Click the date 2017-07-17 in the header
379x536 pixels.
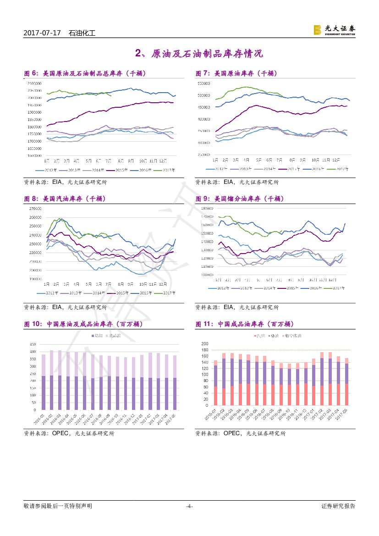coord(42,33)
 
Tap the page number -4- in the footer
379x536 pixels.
coord(189,506)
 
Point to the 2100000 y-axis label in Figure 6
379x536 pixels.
coord(34,83)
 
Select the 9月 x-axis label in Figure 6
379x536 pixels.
coord(131,161)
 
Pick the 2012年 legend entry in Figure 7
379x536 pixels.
coord(217,169)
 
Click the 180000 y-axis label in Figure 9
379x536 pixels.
coord(207,208)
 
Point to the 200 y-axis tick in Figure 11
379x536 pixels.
coord(205,344)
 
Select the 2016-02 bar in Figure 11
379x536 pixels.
coord(224,379)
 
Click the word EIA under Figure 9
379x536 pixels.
coord(229,307)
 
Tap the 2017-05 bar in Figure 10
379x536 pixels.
coord(175,382)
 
